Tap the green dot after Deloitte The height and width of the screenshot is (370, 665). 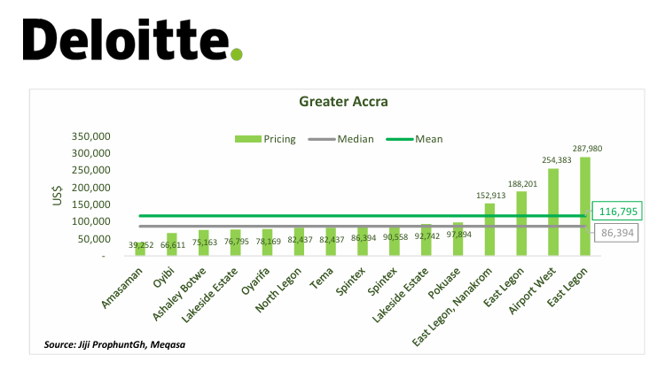236,55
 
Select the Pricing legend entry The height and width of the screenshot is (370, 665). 266,139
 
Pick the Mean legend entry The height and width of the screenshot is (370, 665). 417,139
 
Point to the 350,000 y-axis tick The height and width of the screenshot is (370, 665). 89,137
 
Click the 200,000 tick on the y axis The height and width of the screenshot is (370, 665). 89,189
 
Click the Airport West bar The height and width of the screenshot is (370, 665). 553,212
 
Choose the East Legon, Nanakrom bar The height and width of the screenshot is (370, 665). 489,229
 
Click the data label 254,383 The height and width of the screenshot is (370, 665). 557,160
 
